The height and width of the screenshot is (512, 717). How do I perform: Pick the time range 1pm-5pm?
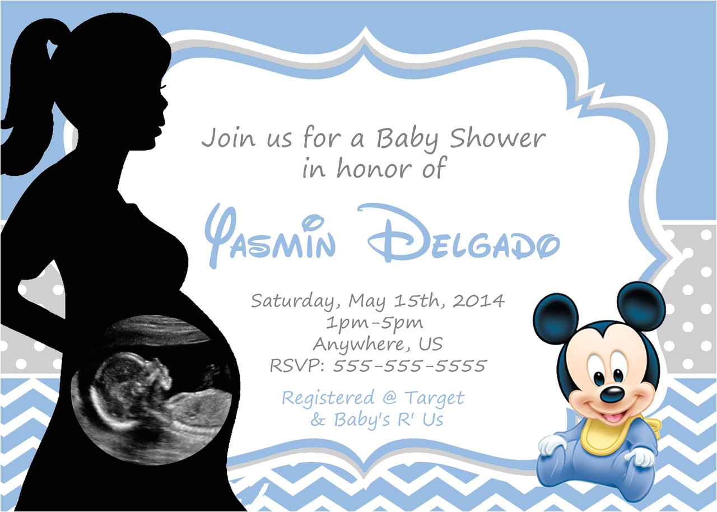coord(374,323)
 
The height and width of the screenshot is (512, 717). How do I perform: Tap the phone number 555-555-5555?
coord(409,366)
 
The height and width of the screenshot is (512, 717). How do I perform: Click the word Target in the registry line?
coord(435,398)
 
